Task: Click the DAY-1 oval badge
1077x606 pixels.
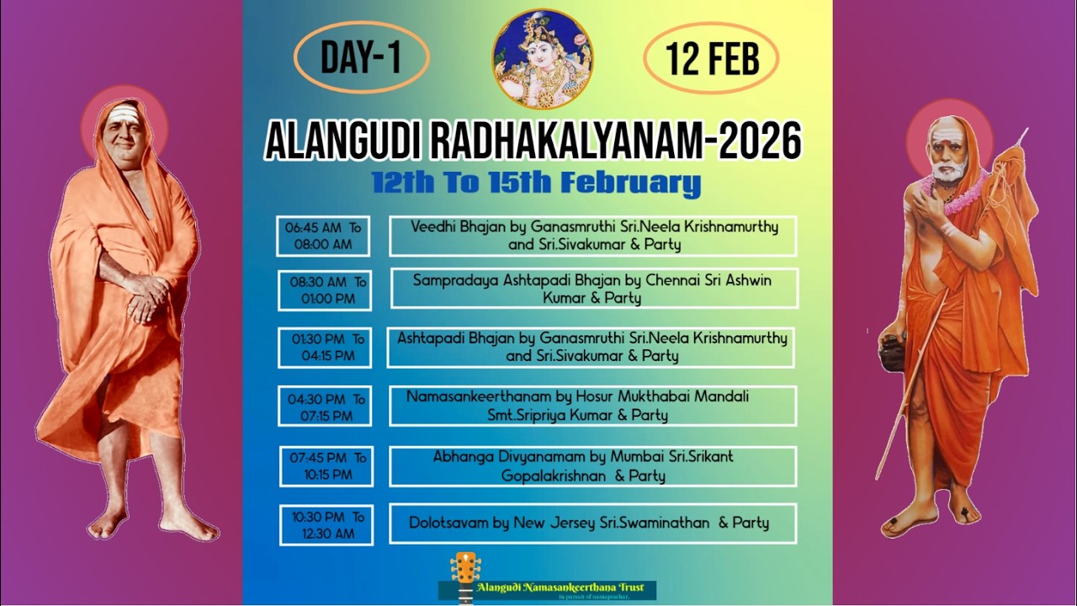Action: click(361, 57)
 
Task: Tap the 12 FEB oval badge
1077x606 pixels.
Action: click(711, 58)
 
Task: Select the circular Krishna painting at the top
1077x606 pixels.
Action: click(542, 59)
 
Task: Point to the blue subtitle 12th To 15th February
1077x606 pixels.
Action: click(536, 182)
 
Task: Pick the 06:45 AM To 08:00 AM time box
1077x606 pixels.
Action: click(323, 236)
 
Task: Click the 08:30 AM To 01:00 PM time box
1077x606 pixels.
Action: click(325, 290)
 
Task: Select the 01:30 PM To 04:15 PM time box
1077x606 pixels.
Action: click(325, 348)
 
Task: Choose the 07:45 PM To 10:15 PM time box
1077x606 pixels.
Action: click(326, 466)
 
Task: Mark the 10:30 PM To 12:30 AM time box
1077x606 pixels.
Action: click(326, 525)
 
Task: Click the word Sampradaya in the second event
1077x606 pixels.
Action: click(453, 279)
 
